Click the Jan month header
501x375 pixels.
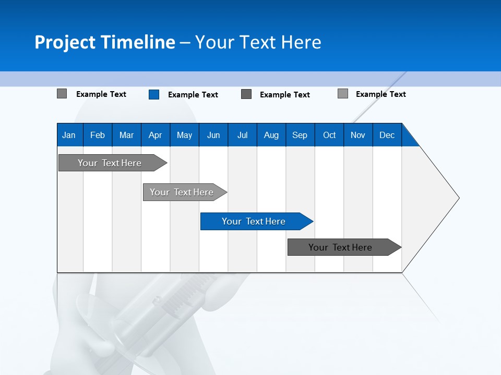click(69, 135)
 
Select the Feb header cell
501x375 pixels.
click(98, 135)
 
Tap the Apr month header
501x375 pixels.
click(156, 135)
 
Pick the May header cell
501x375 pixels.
click(184, 135)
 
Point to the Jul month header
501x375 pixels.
click(242, 135)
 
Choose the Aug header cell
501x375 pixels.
click(271, 135)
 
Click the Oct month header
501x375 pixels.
click(329, 135)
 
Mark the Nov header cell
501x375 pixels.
click(358, 135)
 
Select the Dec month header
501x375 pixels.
click(387, 135)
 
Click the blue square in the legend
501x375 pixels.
click(154, 94)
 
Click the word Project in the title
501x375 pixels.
click(65, 42)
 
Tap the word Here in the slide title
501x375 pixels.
click(301, 42)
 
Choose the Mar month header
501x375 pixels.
click(126, 135)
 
